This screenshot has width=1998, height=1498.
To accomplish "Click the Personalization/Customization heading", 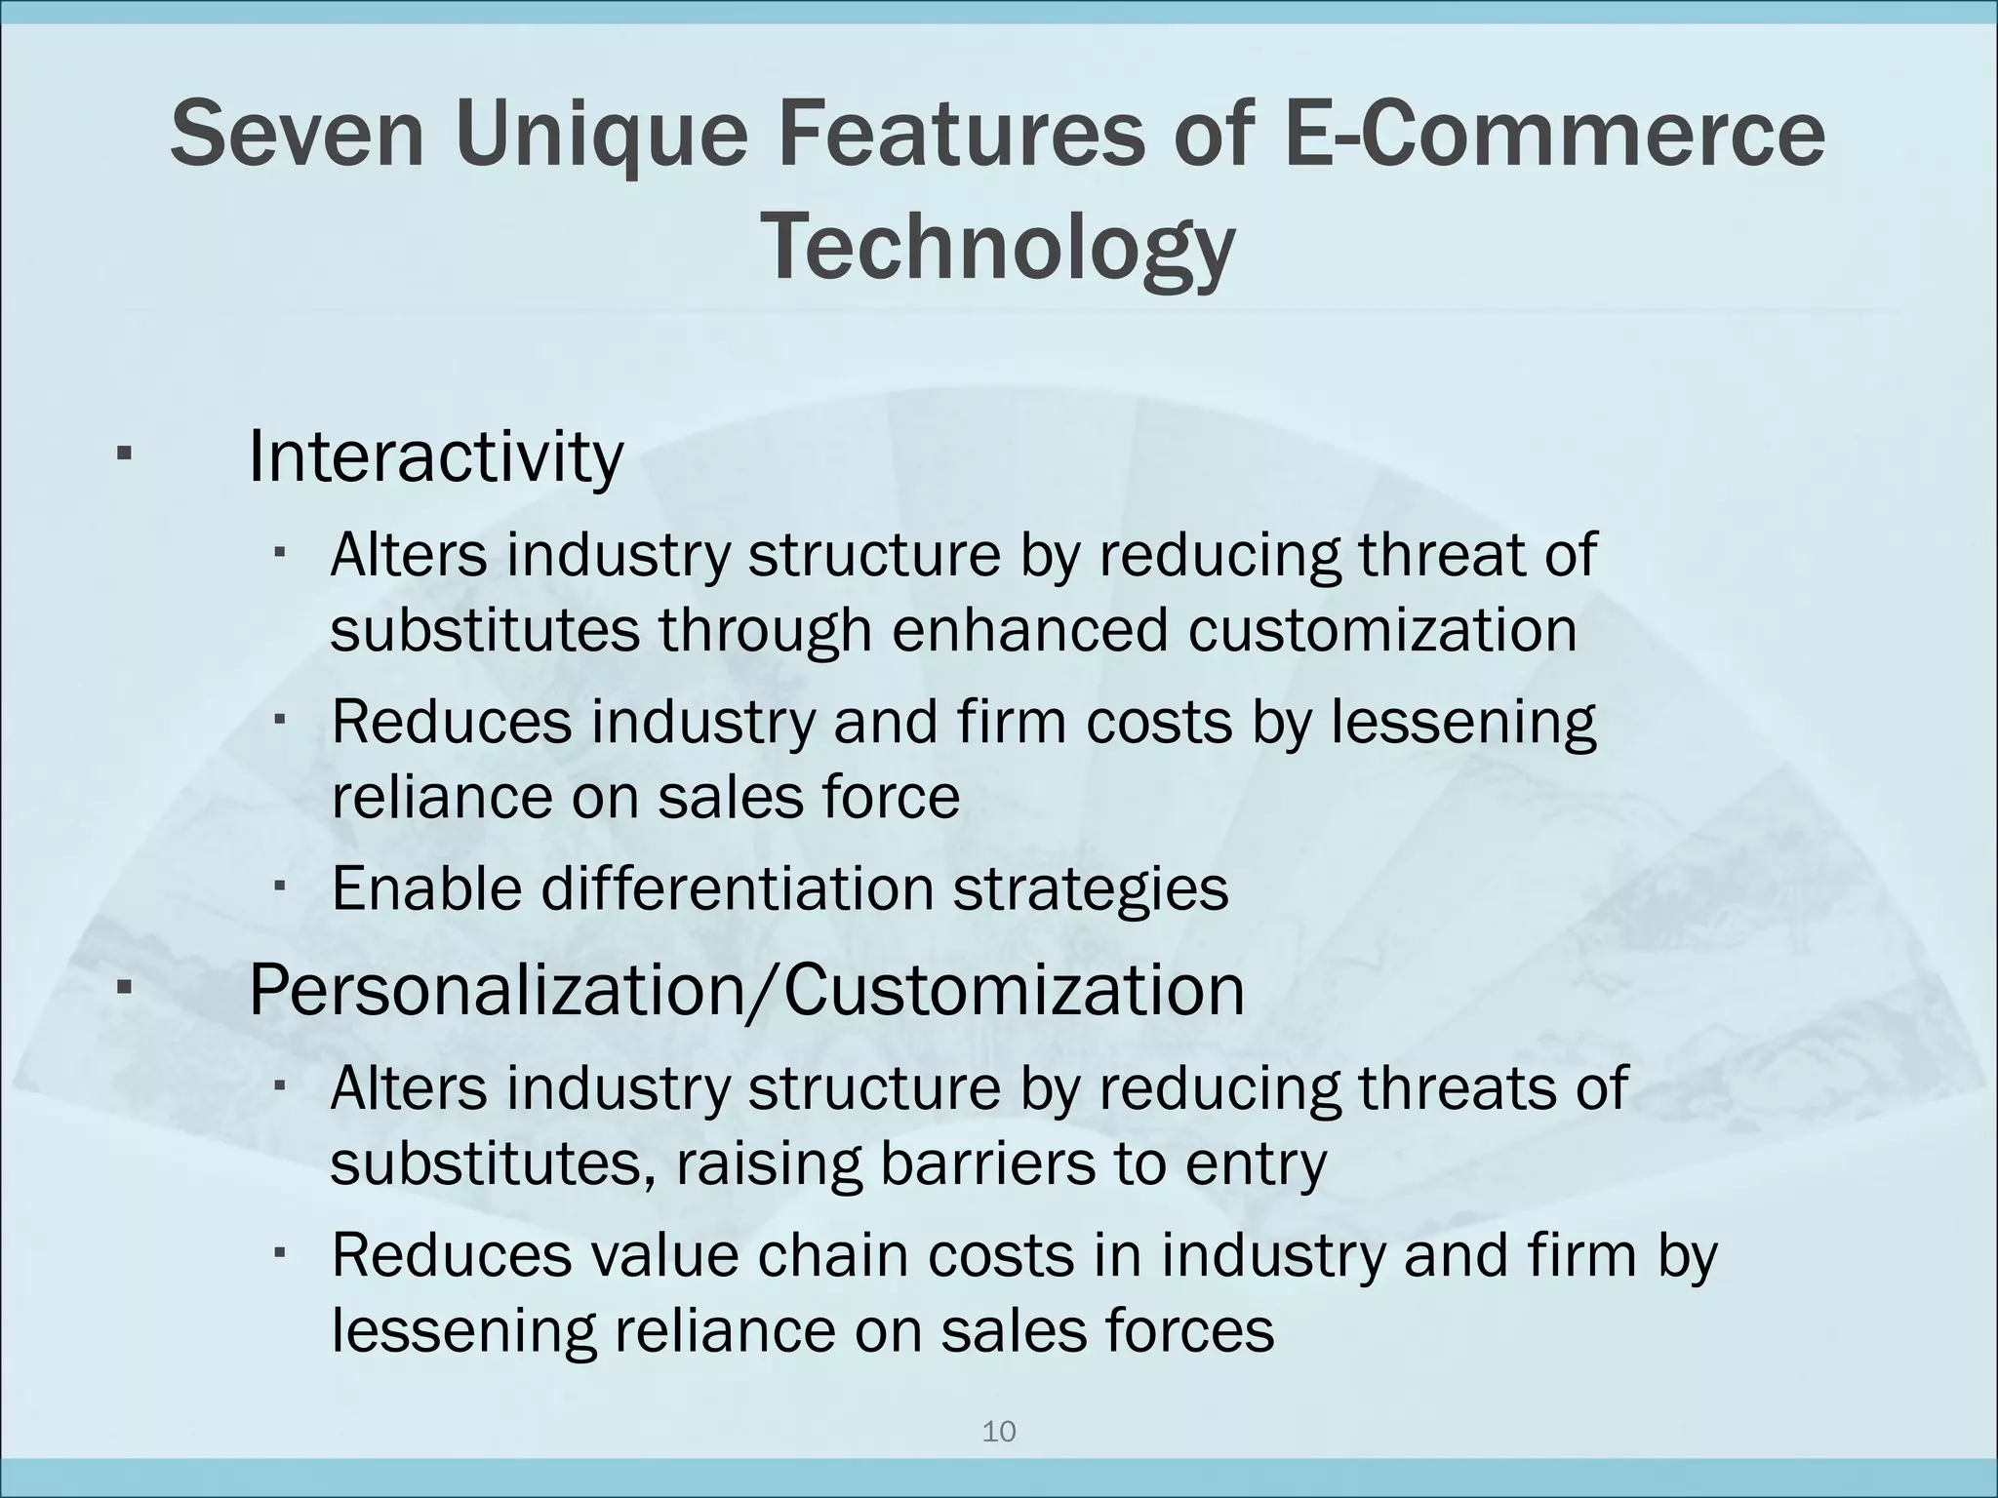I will coord(746,990).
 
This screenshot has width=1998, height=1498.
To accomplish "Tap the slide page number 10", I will coord(998,1432).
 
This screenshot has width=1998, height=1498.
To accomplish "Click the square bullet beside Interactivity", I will coord(124,454).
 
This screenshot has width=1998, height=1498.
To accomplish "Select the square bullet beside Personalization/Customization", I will coord(124,988).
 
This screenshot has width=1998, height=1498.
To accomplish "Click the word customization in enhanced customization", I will coord(1381,630).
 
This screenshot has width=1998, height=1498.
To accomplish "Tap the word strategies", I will coord(1090,888).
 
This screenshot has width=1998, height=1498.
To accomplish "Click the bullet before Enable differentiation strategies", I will coord(279,886).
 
